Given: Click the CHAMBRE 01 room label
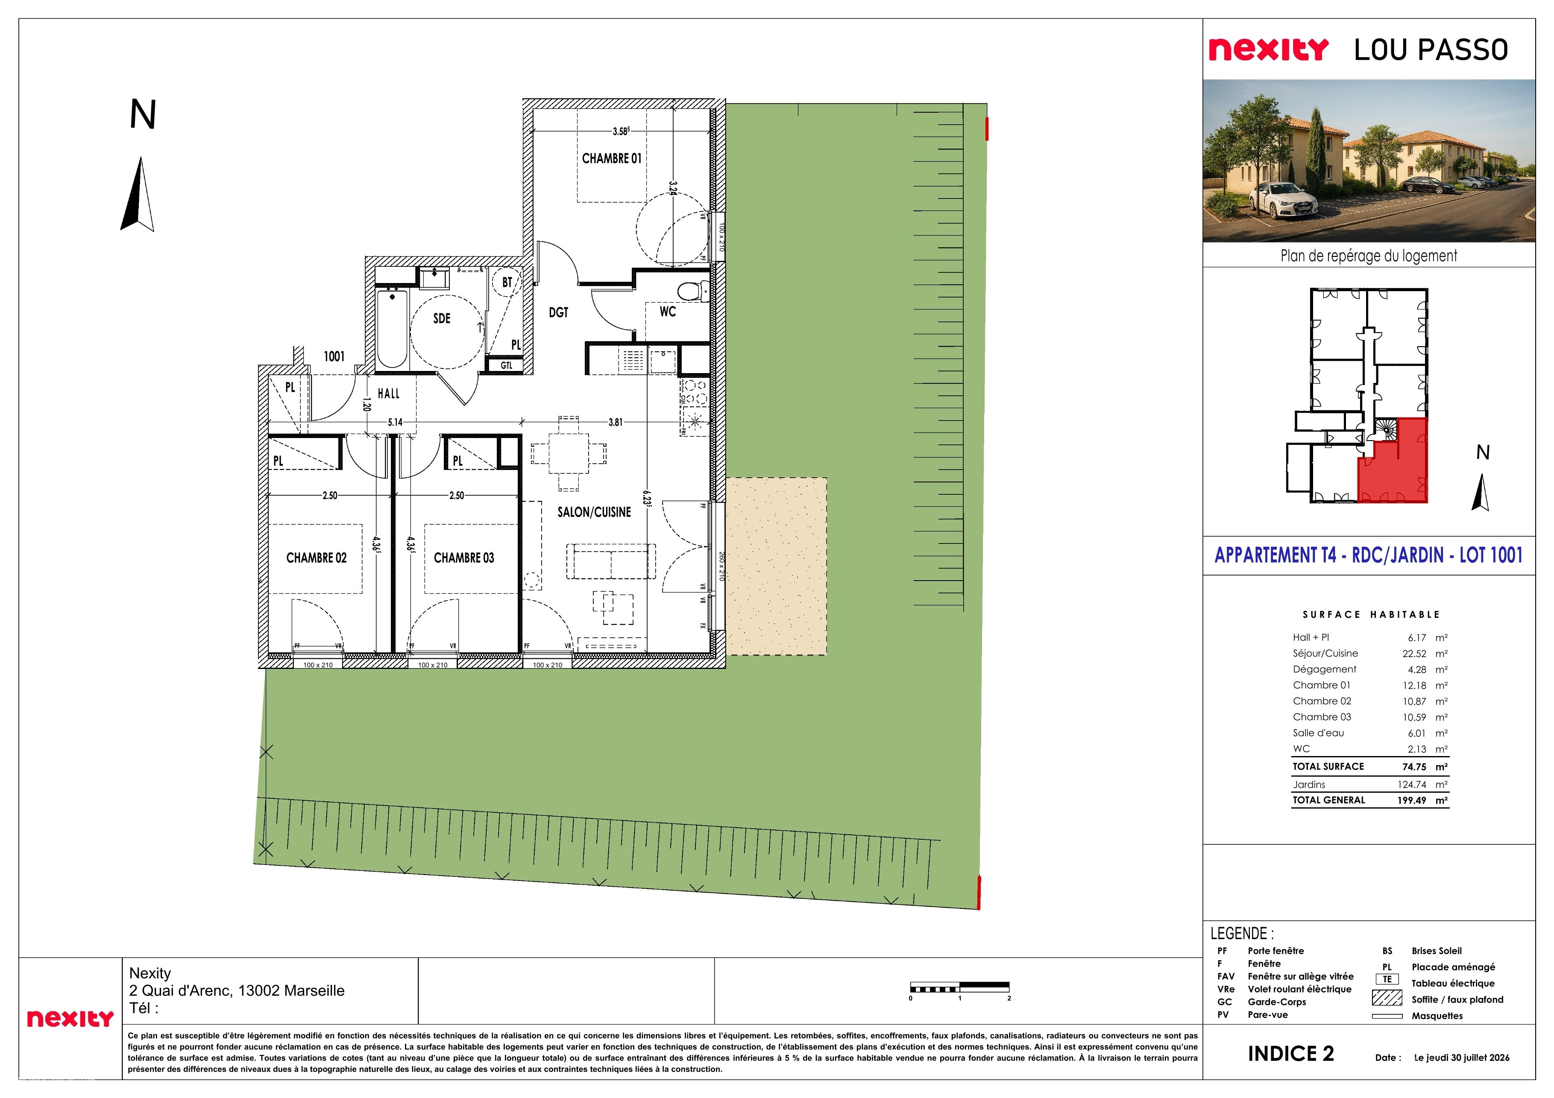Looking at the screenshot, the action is (611, 158).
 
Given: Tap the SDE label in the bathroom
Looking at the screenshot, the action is (441, 318).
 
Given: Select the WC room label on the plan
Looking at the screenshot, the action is (667, 311).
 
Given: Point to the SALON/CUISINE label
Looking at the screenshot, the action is (594, 512).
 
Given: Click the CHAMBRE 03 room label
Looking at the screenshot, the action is (463, 558).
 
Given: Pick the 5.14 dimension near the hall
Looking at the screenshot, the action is (395, 422).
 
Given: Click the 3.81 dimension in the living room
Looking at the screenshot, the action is (615, 422).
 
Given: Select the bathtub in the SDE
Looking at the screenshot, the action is (391, 329).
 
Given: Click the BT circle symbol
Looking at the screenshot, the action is (507, 282).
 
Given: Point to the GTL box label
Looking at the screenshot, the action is (506, 365).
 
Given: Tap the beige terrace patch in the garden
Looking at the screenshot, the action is (776, 566).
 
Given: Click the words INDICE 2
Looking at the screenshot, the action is (1291, 1053).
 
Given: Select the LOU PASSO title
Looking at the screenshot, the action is (1431, 50).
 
